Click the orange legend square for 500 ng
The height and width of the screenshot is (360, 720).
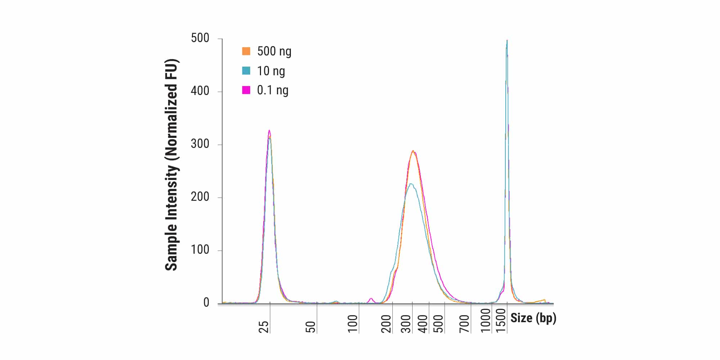pos(246,51)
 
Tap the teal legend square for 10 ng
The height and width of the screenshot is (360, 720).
pos(246,71)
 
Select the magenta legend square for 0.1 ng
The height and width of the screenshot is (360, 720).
pos(246,90)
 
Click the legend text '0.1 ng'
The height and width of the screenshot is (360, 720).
pos(273,90)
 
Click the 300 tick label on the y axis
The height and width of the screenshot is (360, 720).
pos(200,144)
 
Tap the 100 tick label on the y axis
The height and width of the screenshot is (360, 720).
pos(200,250)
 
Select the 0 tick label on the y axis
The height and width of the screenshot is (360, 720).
pos(206,303)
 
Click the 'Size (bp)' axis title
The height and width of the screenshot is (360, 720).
pos(533,318)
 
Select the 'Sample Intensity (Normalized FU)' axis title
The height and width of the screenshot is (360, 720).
pos(172,165)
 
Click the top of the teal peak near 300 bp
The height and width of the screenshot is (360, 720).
pos(410,184)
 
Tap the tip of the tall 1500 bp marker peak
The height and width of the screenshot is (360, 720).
pos(507,41)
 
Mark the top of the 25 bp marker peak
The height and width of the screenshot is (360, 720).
pos(269,131)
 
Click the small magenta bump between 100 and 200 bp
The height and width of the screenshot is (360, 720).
pos(371,298)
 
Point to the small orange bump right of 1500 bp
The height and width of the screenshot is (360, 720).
pos(544,300)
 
